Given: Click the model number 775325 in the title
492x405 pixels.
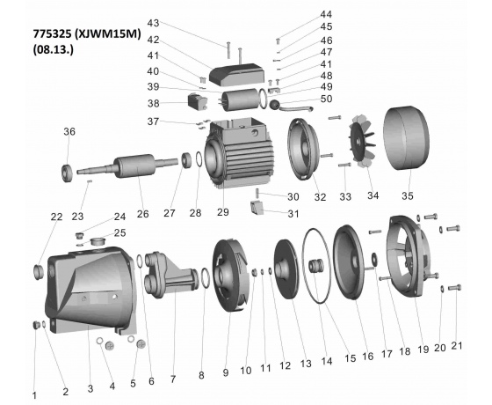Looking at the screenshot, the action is click(x=53, y=34).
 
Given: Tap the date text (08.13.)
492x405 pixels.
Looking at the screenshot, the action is click(x=53, y=49).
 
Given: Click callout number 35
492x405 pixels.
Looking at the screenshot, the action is click(x=408, y=195).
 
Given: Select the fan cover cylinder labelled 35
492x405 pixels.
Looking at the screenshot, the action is click(x=406, y=138).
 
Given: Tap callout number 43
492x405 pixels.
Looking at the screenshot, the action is click(x=153, y=23).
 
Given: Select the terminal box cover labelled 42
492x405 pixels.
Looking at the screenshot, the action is click(x=236, y=75).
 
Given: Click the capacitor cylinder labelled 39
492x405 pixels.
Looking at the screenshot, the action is click(x=239, y=99).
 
